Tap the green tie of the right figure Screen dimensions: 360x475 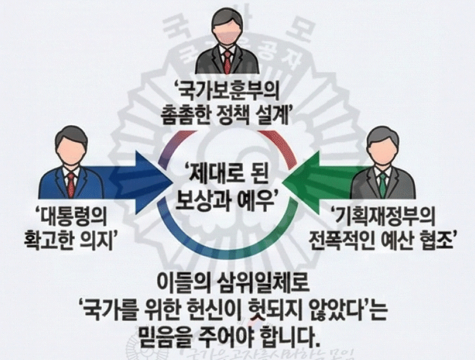(383, 183)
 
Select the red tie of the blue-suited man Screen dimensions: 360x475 (71, 184)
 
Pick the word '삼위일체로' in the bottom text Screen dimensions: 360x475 (265, 284)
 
